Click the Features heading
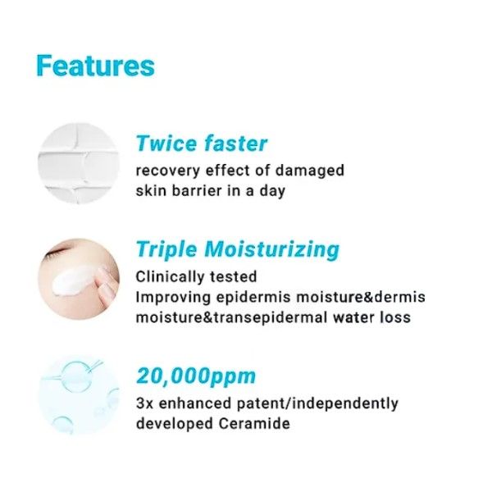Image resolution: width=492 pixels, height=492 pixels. coord(96,66)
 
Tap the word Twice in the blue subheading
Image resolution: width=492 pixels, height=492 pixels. coord(166,143)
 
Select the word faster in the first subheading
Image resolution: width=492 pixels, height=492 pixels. coord(235,143)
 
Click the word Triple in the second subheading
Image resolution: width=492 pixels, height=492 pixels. coord(166,250)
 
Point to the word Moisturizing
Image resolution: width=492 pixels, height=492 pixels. coord(272,250)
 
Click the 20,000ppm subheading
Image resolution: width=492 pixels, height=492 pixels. coord(196,376)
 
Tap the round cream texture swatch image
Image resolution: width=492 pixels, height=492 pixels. coord(79,163)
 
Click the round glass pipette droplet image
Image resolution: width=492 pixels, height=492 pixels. coord(79,394)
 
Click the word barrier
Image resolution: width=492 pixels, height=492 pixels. coord(197,191)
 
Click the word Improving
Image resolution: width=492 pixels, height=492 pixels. coord(172,297)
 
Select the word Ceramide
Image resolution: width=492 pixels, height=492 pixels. coord(254,424)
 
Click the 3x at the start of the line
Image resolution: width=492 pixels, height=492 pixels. coord(144,403)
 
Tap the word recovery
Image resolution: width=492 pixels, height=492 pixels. coord(168,171)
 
